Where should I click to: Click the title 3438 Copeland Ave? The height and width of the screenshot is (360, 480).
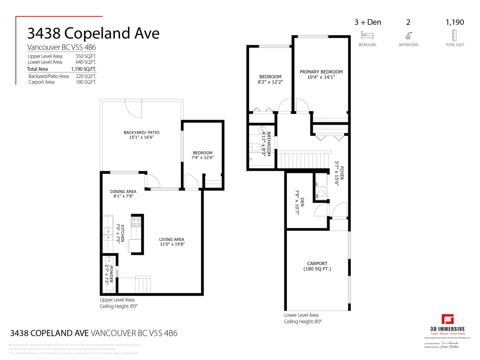point(93,33)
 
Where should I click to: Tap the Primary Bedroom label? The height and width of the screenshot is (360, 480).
point(321,72)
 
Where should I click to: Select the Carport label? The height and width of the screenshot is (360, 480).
point(317,264)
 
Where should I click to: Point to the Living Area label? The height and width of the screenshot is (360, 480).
point(172,240)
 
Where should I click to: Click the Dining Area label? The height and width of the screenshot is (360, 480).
point(123,192)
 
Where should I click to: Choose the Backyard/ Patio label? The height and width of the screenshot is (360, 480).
point(142,132)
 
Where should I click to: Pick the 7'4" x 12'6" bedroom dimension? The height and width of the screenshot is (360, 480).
point(203,158)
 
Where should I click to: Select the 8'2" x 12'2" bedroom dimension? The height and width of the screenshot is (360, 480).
point(270,82)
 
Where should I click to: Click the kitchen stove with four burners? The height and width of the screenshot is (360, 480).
point(136,222)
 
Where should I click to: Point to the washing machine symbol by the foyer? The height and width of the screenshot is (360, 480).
point(321,193)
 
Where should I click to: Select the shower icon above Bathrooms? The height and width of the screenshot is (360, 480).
point(408,35)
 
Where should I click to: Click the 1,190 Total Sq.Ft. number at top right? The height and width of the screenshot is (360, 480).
point(455,22)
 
